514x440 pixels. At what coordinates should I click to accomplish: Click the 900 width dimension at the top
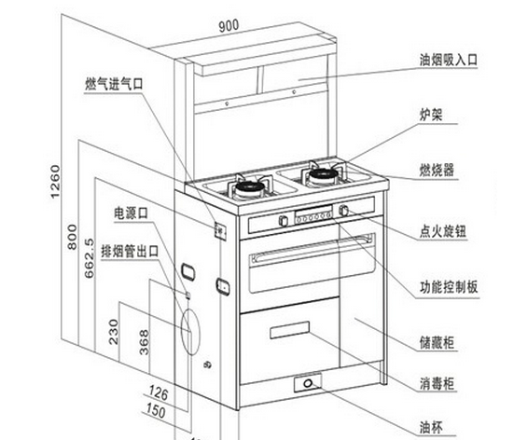coord(229,26)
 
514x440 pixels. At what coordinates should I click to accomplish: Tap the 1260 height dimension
coord(55,181)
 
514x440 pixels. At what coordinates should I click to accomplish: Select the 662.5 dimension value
coord(90,258)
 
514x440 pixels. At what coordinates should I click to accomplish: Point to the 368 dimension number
coord(144,342)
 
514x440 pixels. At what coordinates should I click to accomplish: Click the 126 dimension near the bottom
coord(159,392)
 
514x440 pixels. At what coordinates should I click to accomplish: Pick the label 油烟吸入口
coord(449,60)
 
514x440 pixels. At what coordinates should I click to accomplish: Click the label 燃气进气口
coord(114,84)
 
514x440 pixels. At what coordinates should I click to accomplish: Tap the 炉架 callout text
coord(431,115)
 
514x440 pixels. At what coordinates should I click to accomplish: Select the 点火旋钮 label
coord(443,231)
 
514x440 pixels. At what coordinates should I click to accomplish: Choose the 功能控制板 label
coord(449,287)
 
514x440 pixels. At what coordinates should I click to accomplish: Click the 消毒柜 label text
coord(437,383)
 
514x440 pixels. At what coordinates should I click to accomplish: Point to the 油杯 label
coord(431,428)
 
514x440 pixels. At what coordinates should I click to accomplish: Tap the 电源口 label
coord(131,213)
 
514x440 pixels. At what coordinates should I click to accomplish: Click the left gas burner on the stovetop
coord(250,187)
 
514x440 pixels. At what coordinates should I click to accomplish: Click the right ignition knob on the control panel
coord(343,211)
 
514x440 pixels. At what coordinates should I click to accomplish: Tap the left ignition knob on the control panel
coord(284,220)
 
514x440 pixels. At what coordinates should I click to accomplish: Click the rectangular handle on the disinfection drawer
coord(289,330)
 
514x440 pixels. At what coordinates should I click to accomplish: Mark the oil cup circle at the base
coord(308,383)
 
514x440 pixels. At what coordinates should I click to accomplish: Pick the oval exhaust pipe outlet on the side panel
coord(190,332)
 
